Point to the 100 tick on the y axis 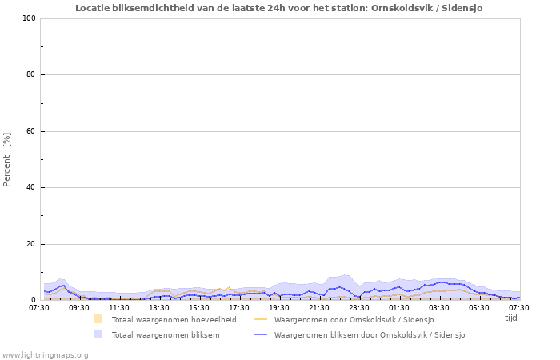30,18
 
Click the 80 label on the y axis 31,75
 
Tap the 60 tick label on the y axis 31,131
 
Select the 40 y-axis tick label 31,188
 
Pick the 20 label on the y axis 31,244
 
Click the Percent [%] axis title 7,159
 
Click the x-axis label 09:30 79,307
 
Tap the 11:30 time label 119,307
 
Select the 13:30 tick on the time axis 159,307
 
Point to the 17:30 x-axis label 239,307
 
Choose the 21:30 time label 319,307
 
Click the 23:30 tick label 359,307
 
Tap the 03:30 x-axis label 439,307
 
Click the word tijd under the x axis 510,318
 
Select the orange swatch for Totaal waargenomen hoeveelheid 98,319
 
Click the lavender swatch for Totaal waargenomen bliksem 98,334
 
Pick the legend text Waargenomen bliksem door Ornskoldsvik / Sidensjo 370,335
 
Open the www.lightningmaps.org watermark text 45,354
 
